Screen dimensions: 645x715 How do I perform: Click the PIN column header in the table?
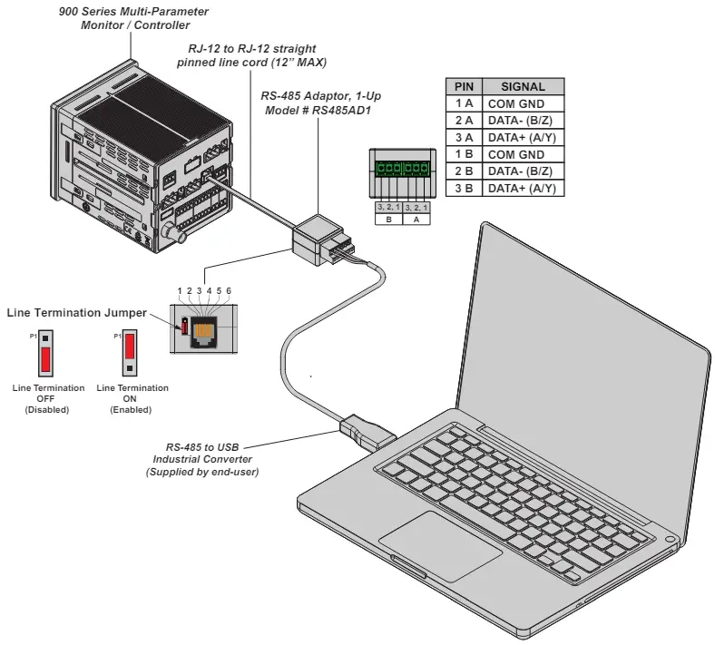464,87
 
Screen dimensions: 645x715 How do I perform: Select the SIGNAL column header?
523,87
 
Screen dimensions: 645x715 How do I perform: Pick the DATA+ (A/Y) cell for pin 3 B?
523,188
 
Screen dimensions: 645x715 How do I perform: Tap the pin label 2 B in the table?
464,171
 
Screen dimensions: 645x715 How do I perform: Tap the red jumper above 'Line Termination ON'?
130,347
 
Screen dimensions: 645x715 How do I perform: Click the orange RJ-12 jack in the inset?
204,326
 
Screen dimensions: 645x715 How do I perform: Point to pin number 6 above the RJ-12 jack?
229,291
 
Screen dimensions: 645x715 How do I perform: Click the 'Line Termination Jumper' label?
76,313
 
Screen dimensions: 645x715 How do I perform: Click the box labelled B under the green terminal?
389,219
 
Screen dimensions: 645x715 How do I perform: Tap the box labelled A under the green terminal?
416,219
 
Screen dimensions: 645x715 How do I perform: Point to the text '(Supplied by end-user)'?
202,472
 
